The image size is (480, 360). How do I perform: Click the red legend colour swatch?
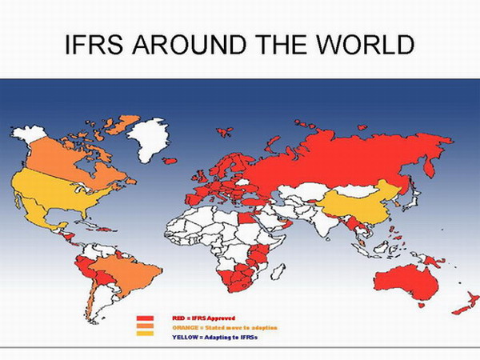pyautogui.click(x=145, y=318)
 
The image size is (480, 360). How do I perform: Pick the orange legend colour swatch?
pyautogui.click(x=145, y=326)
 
